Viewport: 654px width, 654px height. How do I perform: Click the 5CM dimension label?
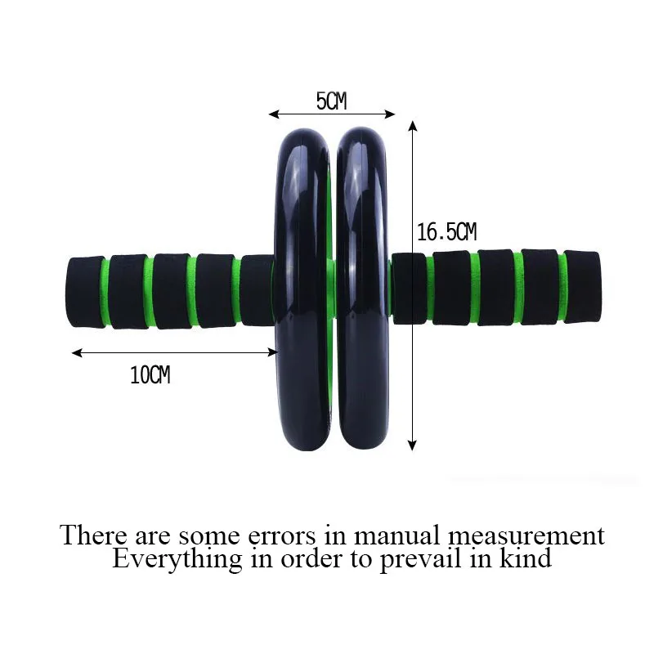point(331,101)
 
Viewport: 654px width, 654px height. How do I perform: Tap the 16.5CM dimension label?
point(446,232)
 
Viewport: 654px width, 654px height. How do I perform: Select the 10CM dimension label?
point(150,376)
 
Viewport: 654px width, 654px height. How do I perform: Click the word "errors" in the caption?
point(277,535)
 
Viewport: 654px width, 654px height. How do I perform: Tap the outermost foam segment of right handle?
point(584,289)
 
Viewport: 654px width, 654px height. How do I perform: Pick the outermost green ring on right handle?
point(562,289)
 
